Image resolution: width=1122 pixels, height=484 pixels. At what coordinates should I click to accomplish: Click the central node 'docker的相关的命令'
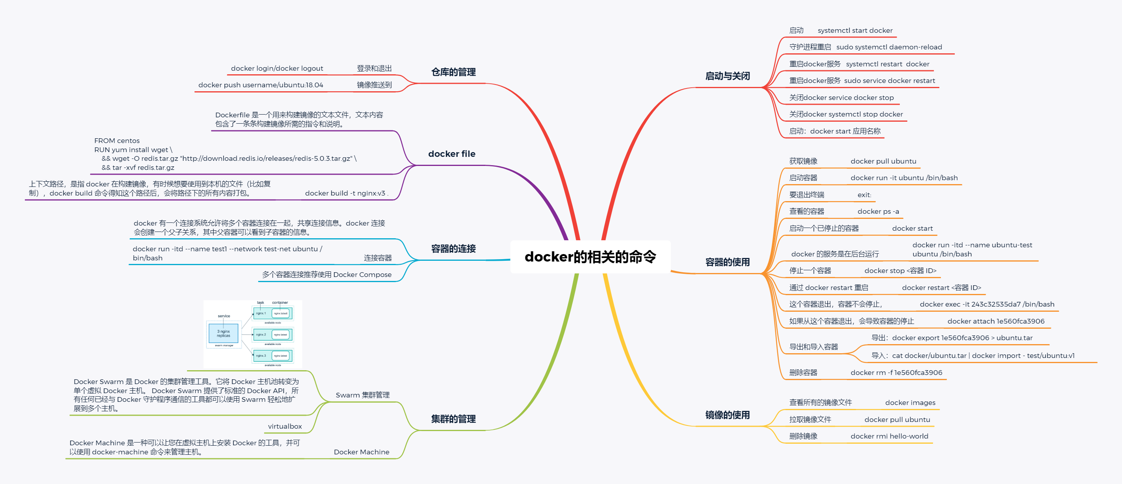coord(590,257)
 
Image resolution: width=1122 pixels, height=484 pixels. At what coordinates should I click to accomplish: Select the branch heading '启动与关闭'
coord(727,76)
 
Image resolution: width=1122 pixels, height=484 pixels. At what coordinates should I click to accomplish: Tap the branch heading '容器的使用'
coord(727,262)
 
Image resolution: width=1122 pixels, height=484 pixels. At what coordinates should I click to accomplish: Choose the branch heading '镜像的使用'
coord(727,415)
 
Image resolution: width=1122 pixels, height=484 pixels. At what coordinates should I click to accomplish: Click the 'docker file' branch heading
coord(451,154)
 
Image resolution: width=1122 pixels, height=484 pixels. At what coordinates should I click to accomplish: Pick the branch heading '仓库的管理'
coord(453,72)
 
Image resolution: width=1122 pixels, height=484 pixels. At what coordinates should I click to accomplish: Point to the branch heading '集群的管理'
coord(453,419)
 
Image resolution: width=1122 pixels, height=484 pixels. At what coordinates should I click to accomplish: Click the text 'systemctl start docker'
coord(855,30)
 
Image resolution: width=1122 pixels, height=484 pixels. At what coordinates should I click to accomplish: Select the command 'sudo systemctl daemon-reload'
coord(889,47)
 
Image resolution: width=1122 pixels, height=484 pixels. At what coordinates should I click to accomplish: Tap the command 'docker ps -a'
coord(878,211)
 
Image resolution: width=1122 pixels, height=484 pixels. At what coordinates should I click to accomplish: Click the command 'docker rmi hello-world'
coord(889,436)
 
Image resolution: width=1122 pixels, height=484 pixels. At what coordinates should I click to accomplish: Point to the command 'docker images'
coord(910,403)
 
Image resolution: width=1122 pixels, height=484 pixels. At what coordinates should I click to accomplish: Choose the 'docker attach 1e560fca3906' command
coord(996,321)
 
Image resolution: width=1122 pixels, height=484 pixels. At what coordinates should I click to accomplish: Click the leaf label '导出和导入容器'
coord(814,347)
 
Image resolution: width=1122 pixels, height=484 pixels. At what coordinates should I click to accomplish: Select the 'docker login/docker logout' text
coord(277,68)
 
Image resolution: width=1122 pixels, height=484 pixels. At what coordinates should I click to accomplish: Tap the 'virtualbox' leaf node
coord(285,426)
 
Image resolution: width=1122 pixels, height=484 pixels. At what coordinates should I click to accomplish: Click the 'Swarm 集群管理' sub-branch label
coord(363,395)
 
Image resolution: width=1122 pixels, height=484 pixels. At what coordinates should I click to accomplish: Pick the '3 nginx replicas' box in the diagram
coord(223,333)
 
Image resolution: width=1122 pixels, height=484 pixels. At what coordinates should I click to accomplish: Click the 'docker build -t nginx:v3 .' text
coord(347,193)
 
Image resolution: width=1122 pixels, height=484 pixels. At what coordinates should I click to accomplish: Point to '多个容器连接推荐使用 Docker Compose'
coord(327,275)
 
